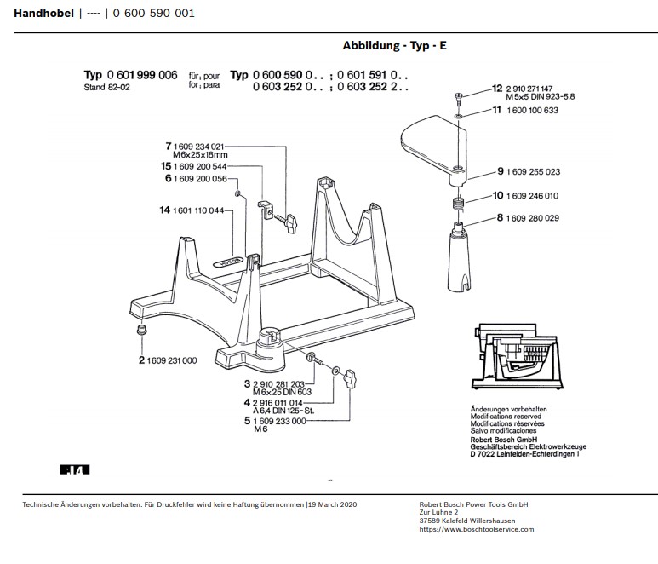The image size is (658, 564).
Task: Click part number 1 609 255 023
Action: [x=533, y=172]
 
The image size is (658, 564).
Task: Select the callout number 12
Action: [x=497, y=89]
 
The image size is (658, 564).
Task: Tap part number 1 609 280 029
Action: [x=533, y=219]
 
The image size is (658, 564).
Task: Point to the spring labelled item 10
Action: [x=458, y=203]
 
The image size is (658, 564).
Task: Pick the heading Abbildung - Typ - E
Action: [x=394, y=46]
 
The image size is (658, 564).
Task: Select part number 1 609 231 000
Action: [x=172, y=360]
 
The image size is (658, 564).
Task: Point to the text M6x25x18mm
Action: [x=201, y=156]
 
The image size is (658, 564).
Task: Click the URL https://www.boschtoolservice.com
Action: [x=477, y=529]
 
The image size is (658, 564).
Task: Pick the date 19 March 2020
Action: [x=333, y=504]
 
